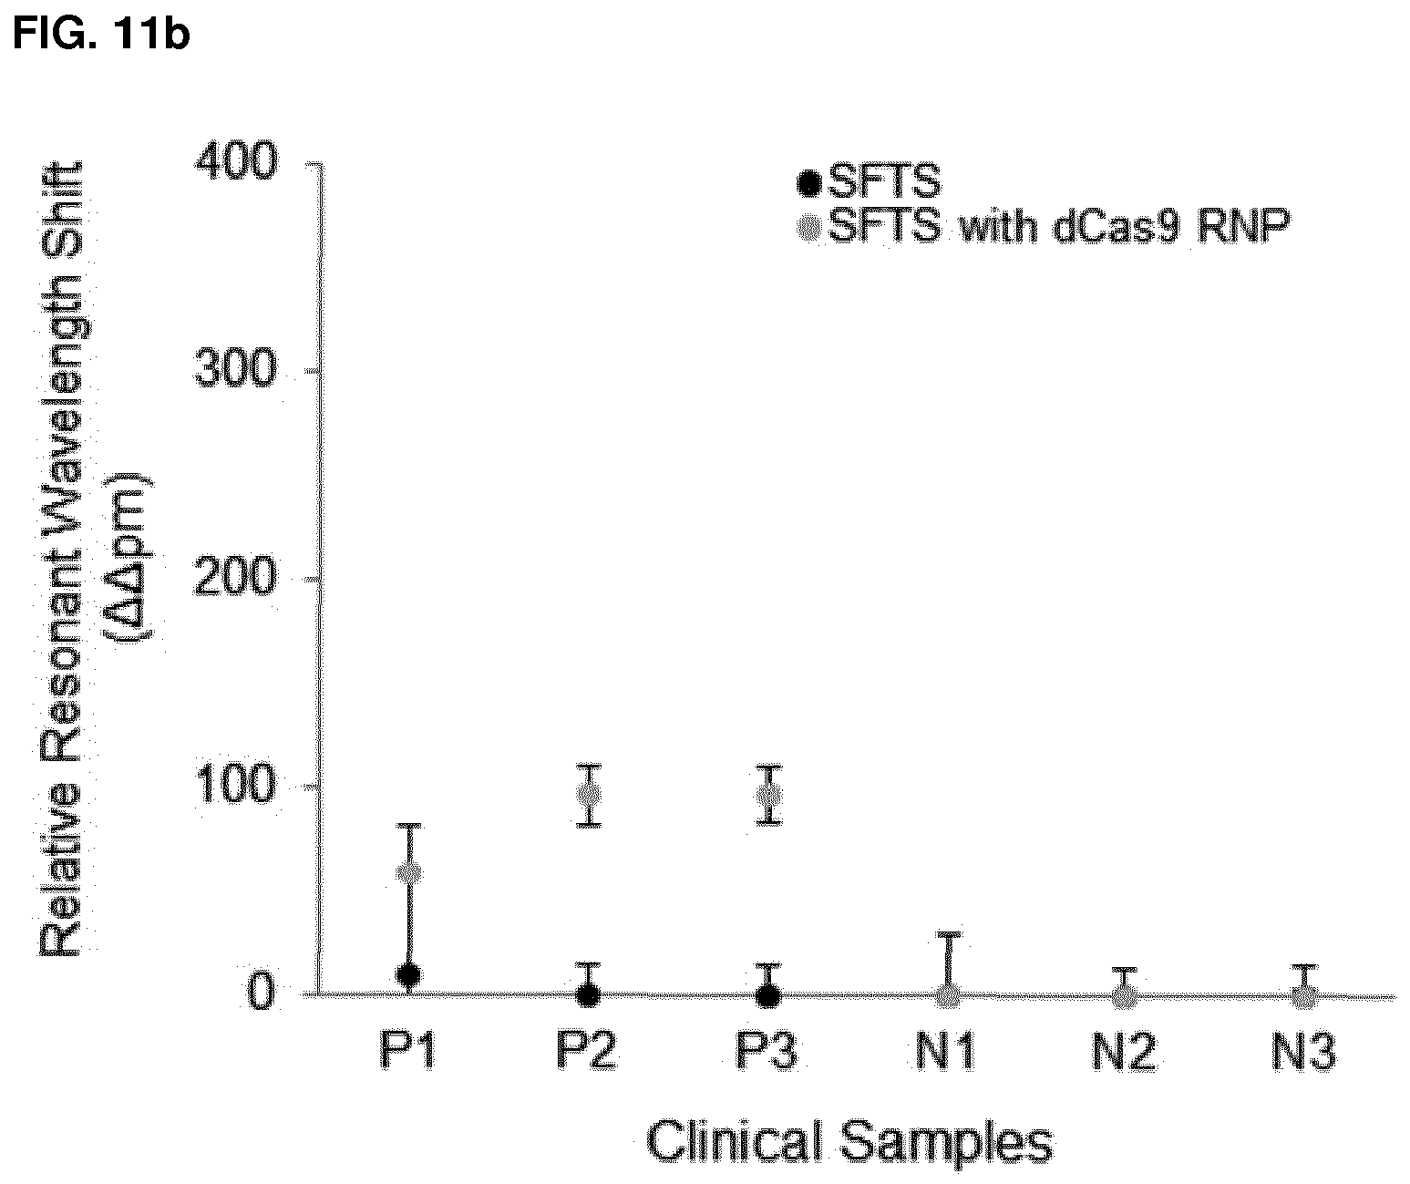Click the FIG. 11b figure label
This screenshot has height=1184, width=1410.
[x=101, y=33]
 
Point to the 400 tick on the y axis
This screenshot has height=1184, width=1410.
[x=236, y=163]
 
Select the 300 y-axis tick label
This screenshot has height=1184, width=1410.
[x=236, y=369]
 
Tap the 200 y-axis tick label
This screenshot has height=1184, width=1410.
[x=236, y=578]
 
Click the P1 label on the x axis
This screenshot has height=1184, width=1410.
[x=408, y=1052]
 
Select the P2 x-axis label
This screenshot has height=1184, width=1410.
[x=587, y=1052]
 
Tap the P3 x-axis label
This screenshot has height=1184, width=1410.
[x=767, y=1052]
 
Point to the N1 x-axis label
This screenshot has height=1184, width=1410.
[x=945, y=1052]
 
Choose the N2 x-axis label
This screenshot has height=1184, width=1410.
[x=1125, y=1052]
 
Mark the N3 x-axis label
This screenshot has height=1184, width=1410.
[x=1304, y=1052]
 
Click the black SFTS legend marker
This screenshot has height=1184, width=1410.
[x=809, y=183]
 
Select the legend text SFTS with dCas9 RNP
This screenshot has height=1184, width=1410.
[x=1059, y=225]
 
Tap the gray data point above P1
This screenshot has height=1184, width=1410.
[x=409, y=873]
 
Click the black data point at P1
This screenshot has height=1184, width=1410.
[x=408, y=974]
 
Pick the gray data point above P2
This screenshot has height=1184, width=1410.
[x=589, y=794]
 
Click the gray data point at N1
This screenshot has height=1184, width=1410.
[x=948, y=995]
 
